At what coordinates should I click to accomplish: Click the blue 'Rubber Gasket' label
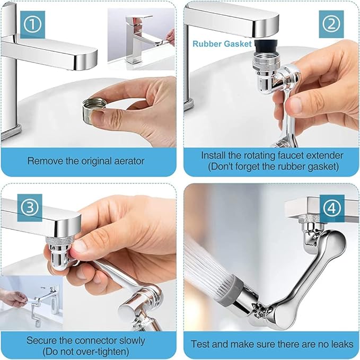222,44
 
